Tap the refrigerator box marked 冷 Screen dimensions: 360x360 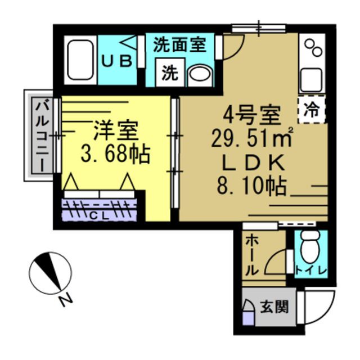[x=311, y=110]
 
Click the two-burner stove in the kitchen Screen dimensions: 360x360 [x=312, y=51]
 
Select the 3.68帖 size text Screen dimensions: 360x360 [x=115, y=154]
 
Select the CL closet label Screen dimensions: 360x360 [x=99, y=215]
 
